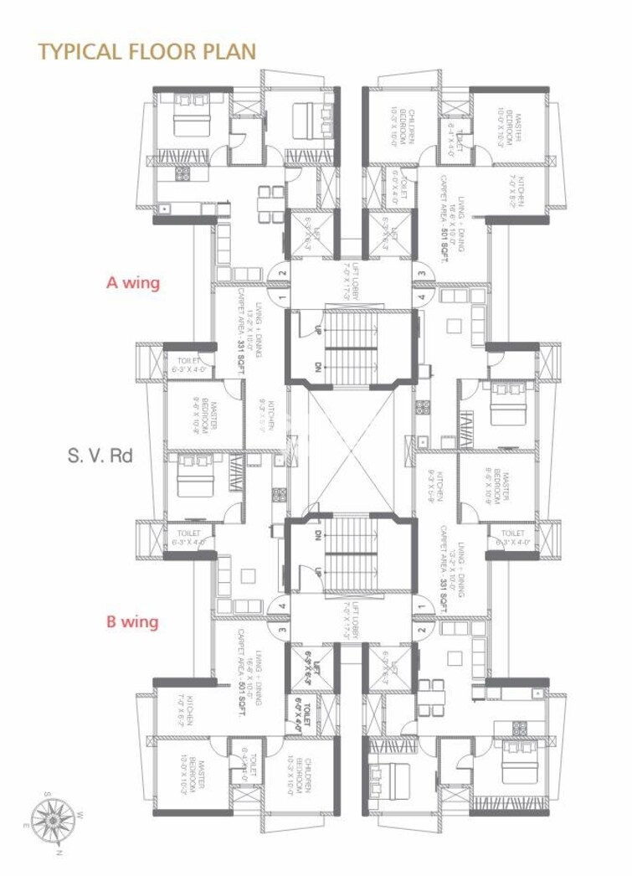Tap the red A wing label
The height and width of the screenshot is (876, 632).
tap(132, 283)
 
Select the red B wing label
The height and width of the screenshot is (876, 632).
tap(132, 622)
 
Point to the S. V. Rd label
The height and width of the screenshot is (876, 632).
tap(100, 457)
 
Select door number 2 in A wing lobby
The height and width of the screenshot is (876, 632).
tap(282, 272)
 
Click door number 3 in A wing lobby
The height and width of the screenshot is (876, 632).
tap(423, 272)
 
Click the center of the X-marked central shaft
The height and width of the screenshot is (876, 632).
tap(352, 452)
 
